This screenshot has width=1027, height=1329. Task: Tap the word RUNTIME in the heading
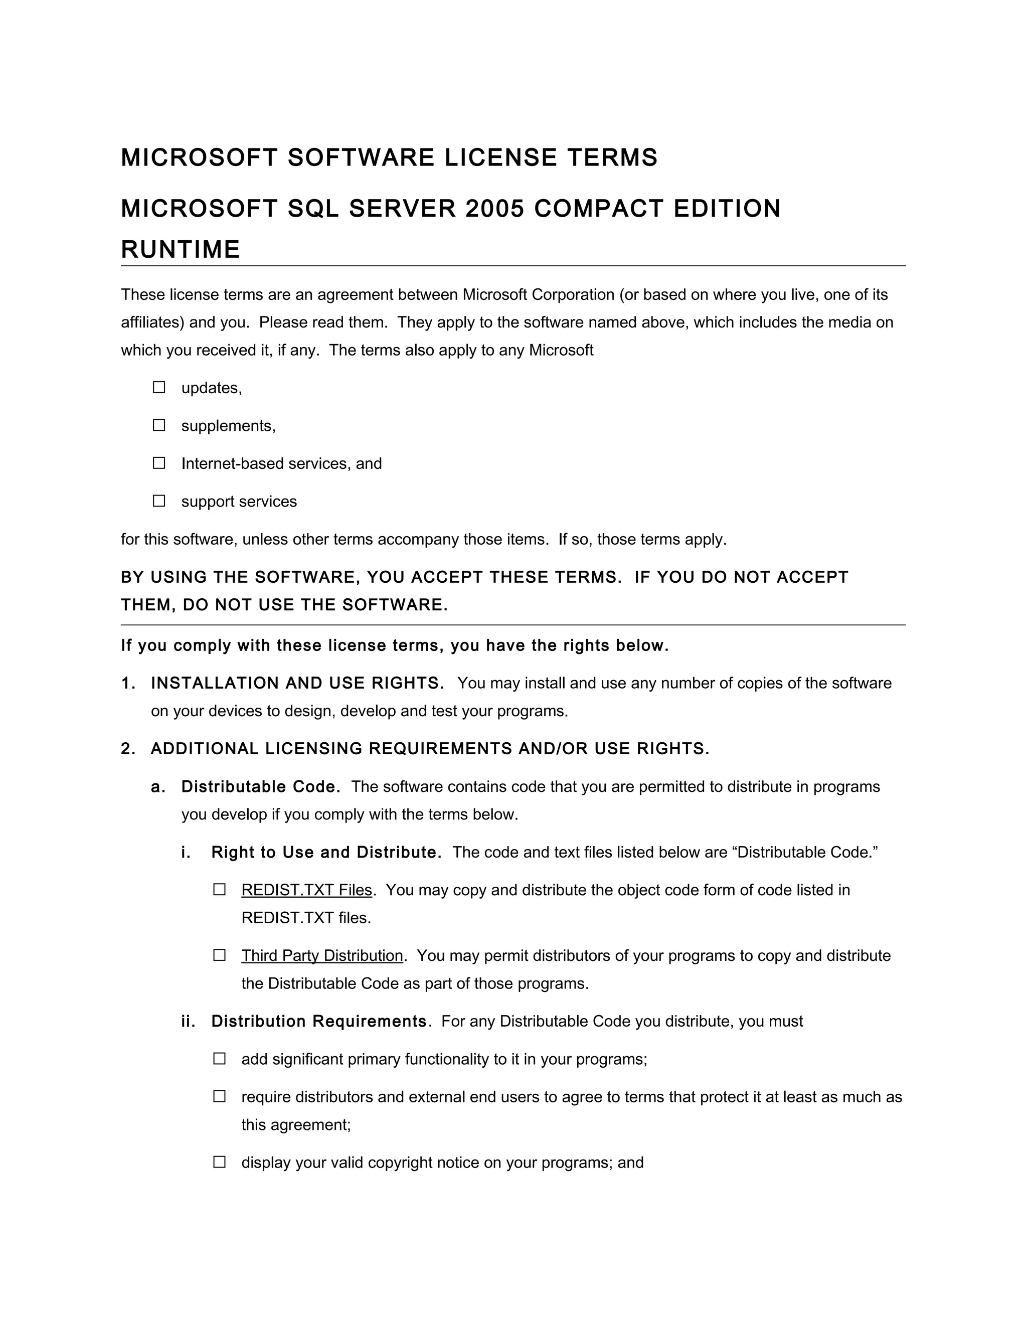(x=181, y=249)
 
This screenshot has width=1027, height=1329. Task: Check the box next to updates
(x=159, y=387)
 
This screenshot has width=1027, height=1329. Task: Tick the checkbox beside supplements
(x=159, y=425)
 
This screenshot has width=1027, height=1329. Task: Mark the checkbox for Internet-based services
(x=159, y=462)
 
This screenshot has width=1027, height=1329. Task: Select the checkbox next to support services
(x=159, y=500)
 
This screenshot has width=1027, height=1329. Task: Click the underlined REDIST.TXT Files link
(x=306, y=890)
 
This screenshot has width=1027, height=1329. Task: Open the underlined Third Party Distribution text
(x=322, y=955)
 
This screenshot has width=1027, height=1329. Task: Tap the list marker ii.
(x=188, y=1021)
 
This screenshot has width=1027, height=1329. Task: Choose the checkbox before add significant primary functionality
(x=220, y=1058)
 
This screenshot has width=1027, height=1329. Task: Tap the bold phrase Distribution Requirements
(x=319, y=1021)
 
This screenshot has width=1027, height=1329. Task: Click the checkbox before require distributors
(x=220, y=1096)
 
